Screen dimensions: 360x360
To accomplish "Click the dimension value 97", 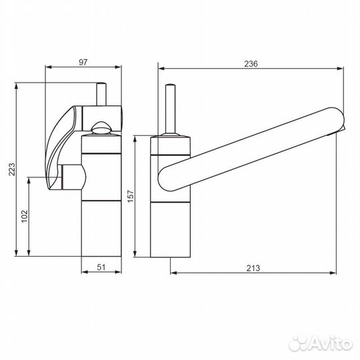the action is (83, 62).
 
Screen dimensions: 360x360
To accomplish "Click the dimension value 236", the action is (251, 64).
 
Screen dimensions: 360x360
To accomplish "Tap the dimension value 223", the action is (12, 169).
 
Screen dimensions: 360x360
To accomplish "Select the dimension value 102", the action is (25, 216).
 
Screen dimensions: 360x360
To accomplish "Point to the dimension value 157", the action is (131, 196).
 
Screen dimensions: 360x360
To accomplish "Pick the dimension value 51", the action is (101, 267).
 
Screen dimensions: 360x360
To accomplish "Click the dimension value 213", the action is (253, 268).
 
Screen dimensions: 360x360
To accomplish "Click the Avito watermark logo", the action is (320, 343).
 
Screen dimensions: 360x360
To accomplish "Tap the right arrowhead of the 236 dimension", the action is (340, 68).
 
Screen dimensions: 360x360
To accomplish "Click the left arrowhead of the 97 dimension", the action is (49, 67).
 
